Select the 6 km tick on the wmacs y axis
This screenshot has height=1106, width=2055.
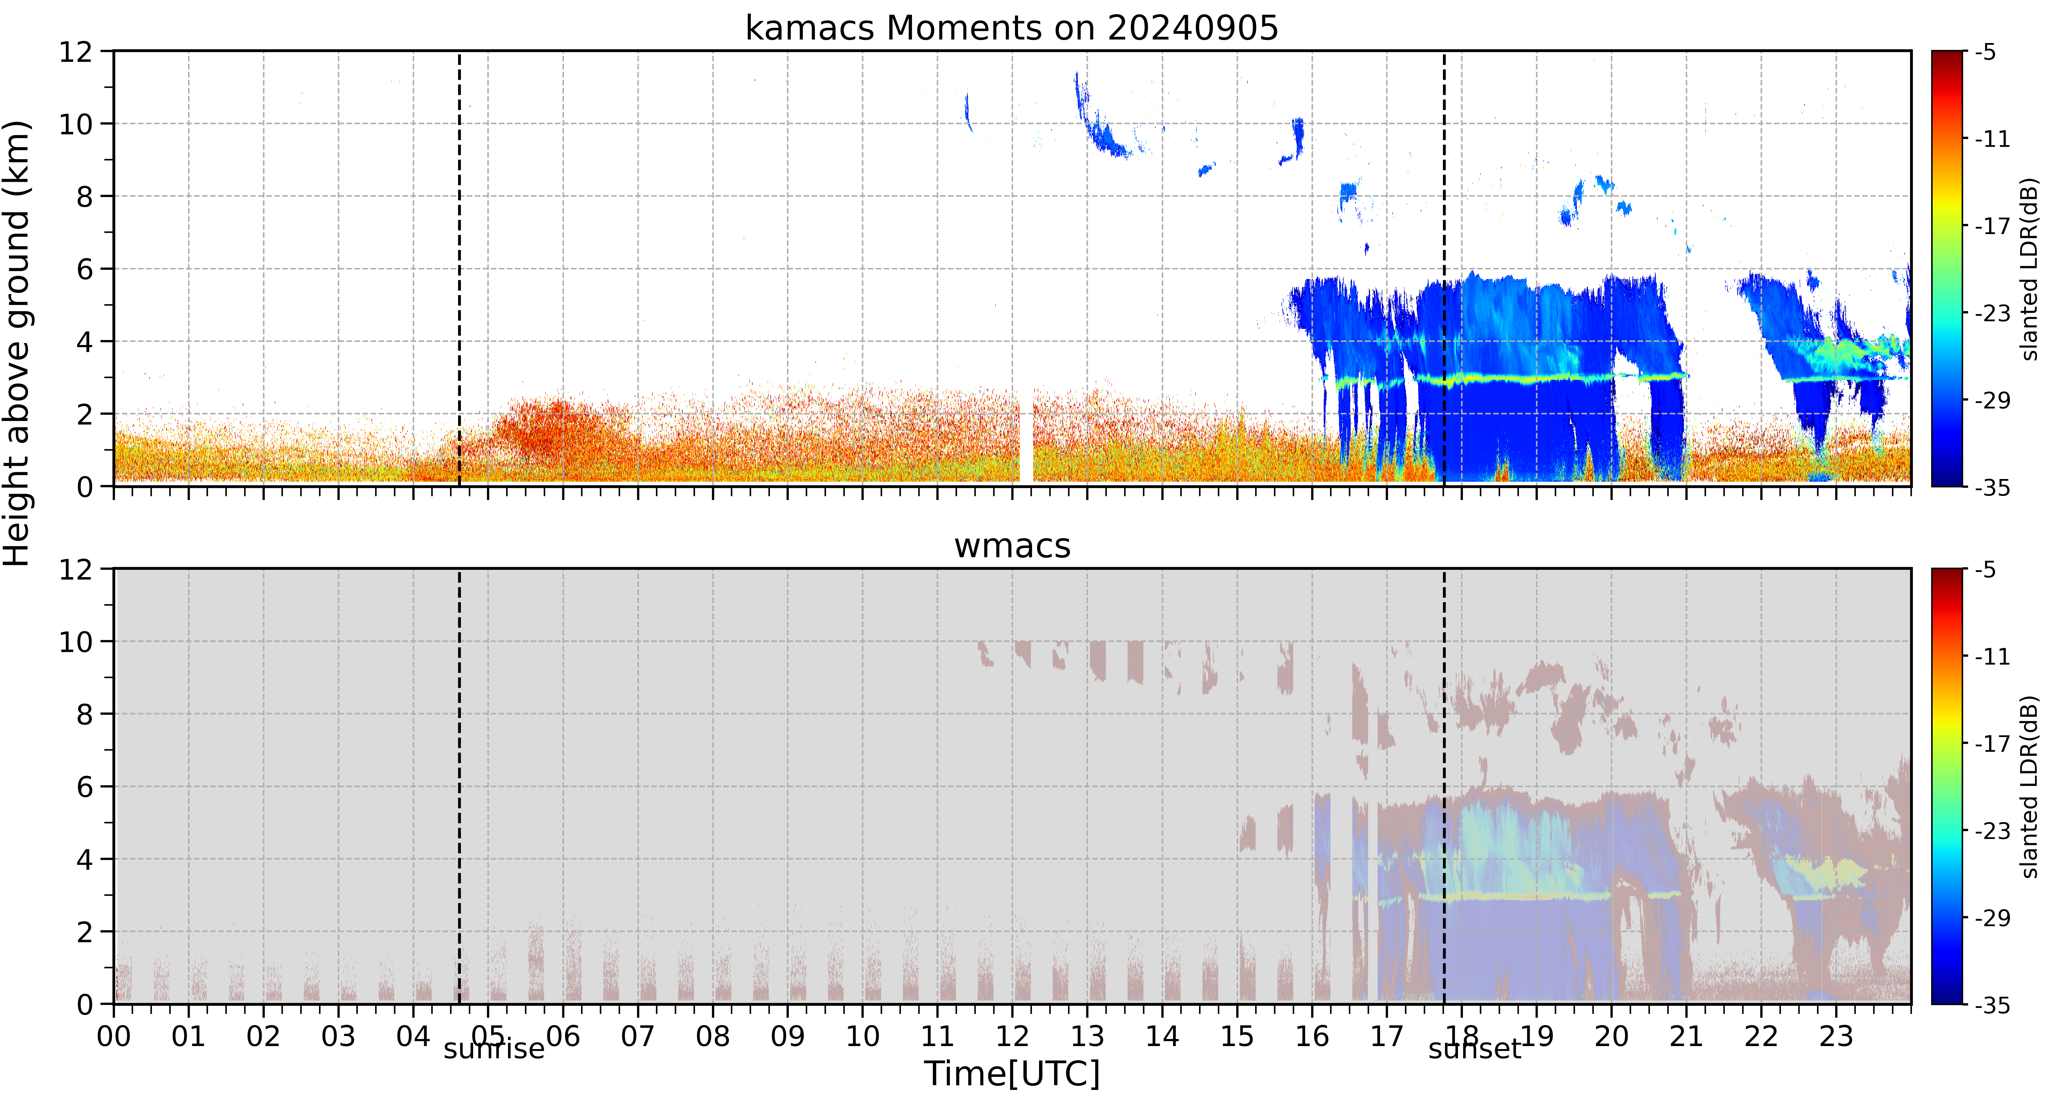tap(84, 787)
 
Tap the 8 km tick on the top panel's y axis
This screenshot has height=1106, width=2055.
tap(84, 196)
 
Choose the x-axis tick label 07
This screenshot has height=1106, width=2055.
tap(637, 1037)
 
